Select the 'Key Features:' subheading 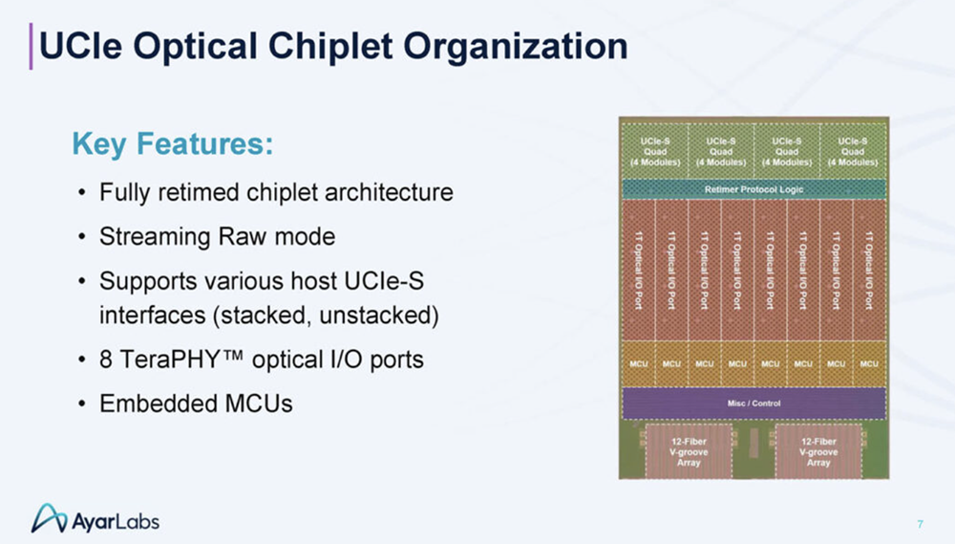173,145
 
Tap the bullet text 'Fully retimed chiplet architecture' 276,192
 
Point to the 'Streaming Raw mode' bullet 217,236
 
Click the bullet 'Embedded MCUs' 196,403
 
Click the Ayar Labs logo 95,519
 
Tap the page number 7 920,523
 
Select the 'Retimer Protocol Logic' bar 753,189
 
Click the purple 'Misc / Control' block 753,403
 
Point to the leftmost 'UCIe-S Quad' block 655,151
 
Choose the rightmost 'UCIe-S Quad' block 852,151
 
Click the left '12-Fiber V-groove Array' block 688,451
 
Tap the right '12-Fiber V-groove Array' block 818,451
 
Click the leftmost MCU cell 639,364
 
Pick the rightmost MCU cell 869,364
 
